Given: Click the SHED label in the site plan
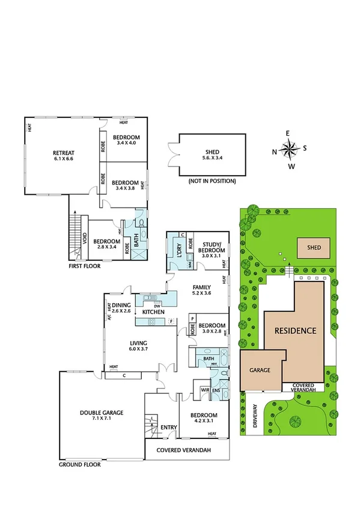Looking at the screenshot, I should click(314, 247).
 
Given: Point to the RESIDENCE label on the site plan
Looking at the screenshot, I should click(295, 331).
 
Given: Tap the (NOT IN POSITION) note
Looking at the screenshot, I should click(212, 181).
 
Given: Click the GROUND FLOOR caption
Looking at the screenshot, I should click(79, 464).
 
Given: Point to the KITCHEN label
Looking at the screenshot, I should click(153, 312).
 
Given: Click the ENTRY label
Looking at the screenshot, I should click(169, 428).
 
